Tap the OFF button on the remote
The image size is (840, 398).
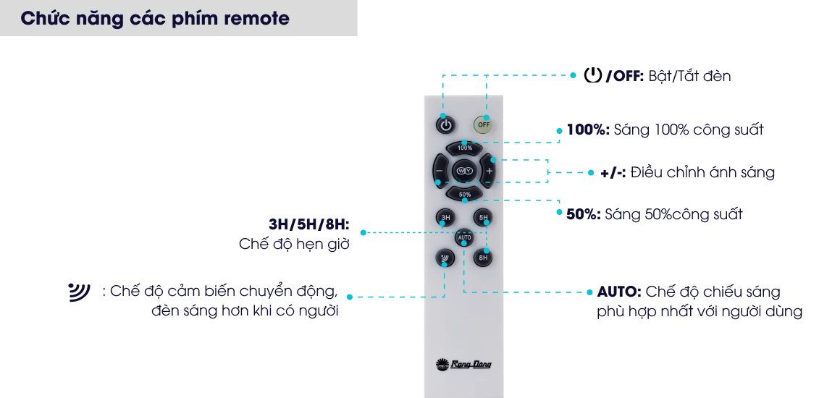(x=483, y=124)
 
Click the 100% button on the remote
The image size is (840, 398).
(x=464, y=148)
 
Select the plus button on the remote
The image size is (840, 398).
(x=487, y=171)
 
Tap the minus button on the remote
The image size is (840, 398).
(x=440, y=171)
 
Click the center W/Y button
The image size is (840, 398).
(x=464, y=171)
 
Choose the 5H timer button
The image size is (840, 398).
(x=483, y=218)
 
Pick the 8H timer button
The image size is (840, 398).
(x=483, y=258)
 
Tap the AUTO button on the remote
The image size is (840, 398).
(x=464, y=237)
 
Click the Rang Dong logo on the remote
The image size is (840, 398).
(x=463, y=365)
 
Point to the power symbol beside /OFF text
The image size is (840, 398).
(x=592, y=75)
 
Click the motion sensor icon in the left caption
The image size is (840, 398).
(x=79, y=292)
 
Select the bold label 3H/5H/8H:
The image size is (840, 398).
(x=309, y=224)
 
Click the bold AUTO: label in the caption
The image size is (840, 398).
(x=618, y=292)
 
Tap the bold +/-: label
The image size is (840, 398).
(x=613, y=173)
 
